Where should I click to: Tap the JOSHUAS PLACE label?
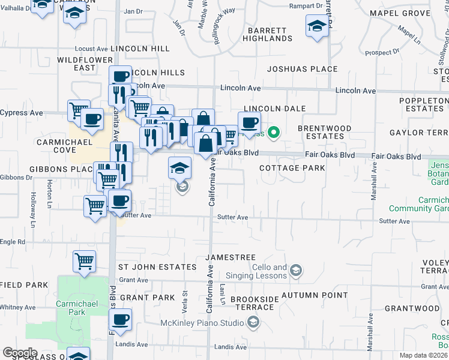[303, 69]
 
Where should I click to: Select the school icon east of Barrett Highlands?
[316, 26]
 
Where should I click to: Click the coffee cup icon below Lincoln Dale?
[249, 123]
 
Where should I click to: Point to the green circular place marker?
[274, 133]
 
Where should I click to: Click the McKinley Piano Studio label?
[202, 323]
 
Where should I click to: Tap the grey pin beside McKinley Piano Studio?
[253, 323]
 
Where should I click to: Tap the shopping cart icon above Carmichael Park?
[84, 261]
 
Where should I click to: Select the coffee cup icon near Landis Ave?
[121, 320]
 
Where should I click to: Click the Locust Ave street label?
[91, 49]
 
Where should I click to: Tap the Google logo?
[20, 352]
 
